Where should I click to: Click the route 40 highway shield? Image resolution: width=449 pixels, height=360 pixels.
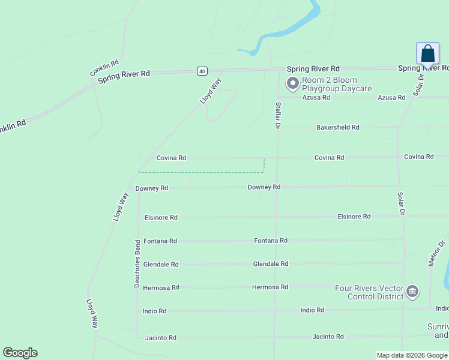click(x=202, y=71)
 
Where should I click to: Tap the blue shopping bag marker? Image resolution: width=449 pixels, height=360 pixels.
click(x=427, y=53)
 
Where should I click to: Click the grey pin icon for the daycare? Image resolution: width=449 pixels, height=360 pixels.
click(x=293, y=84)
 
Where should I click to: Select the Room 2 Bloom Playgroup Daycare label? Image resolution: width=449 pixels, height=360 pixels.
click(x=330, y=84)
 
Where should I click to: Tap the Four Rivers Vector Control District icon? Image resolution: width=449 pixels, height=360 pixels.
click(x=412, y=292)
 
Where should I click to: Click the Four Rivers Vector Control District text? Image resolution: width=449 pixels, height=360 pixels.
click(x=369, y=292)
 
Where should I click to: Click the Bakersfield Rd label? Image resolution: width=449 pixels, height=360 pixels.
click(x=338, y=127)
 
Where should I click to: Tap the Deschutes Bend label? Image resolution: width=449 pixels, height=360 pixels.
click(x=137, y=264)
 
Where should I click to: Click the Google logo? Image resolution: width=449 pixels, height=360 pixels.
click(x=20, y=353)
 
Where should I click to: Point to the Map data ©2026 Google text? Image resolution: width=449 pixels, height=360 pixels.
click(x=412, y=355)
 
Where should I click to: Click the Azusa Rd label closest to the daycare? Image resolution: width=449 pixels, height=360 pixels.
click(x=316, y=97)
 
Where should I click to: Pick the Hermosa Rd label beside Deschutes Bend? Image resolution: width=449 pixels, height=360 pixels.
click(x=161, y=287)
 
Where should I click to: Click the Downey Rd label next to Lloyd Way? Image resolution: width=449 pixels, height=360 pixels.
click(x=151, y=188)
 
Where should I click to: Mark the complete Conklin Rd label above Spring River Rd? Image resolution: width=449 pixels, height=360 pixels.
click(x=104, y=67)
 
